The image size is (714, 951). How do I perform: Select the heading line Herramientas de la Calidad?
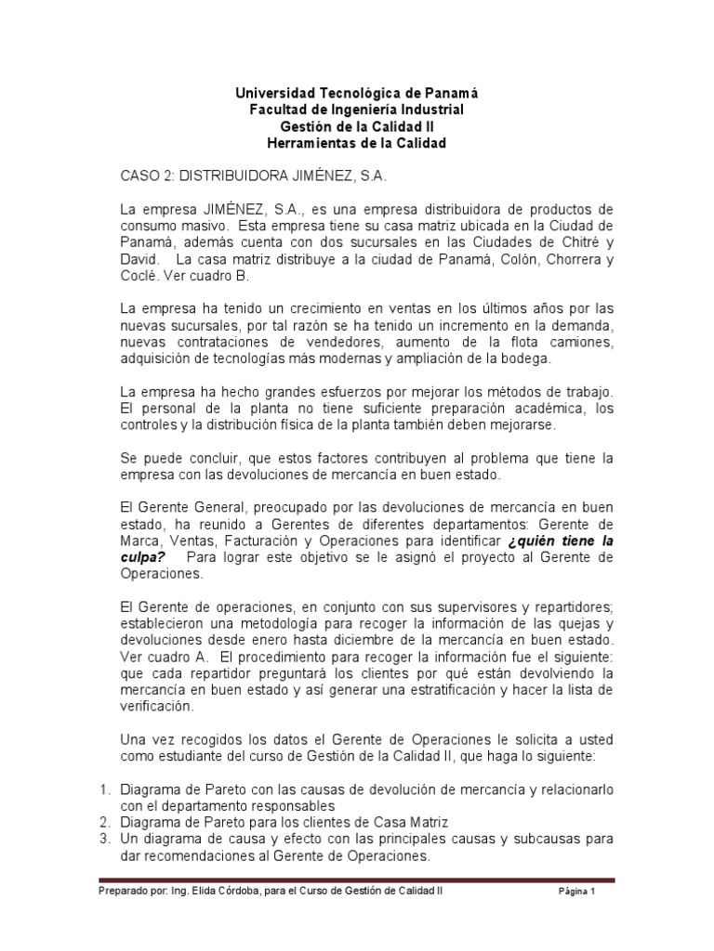tap(356, 144)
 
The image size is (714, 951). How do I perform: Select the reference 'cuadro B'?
tap(235, 276)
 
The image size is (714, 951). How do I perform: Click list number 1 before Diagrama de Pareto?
tap(104, 789)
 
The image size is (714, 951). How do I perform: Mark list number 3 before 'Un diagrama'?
tap(104, 840)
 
